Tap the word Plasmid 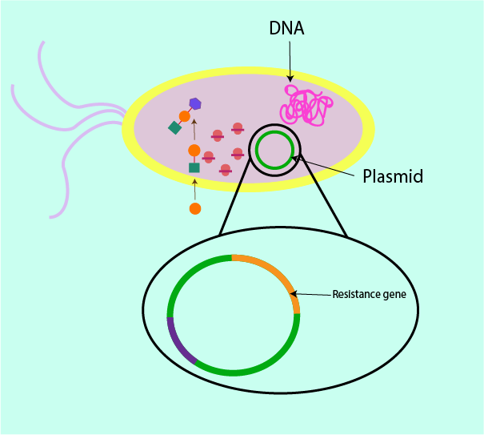pyautogui.click(x=393, y=175)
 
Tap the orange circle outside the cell pyautogui.click(x=194, y=209)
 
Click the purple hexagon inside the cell pyautogui.click(x=195, y=103)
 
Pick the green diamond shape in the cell pyautogui.click(x=174, y=127)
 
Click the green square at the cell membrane pyautogui.click(x=194, y=167)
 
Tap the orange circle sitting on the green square pyautogui.click(x=194, y=151)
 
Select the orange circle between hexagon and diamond pyautogui.click(x=185, y=116)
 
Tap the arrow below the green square pyautogui.click(x=194, y=189)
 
